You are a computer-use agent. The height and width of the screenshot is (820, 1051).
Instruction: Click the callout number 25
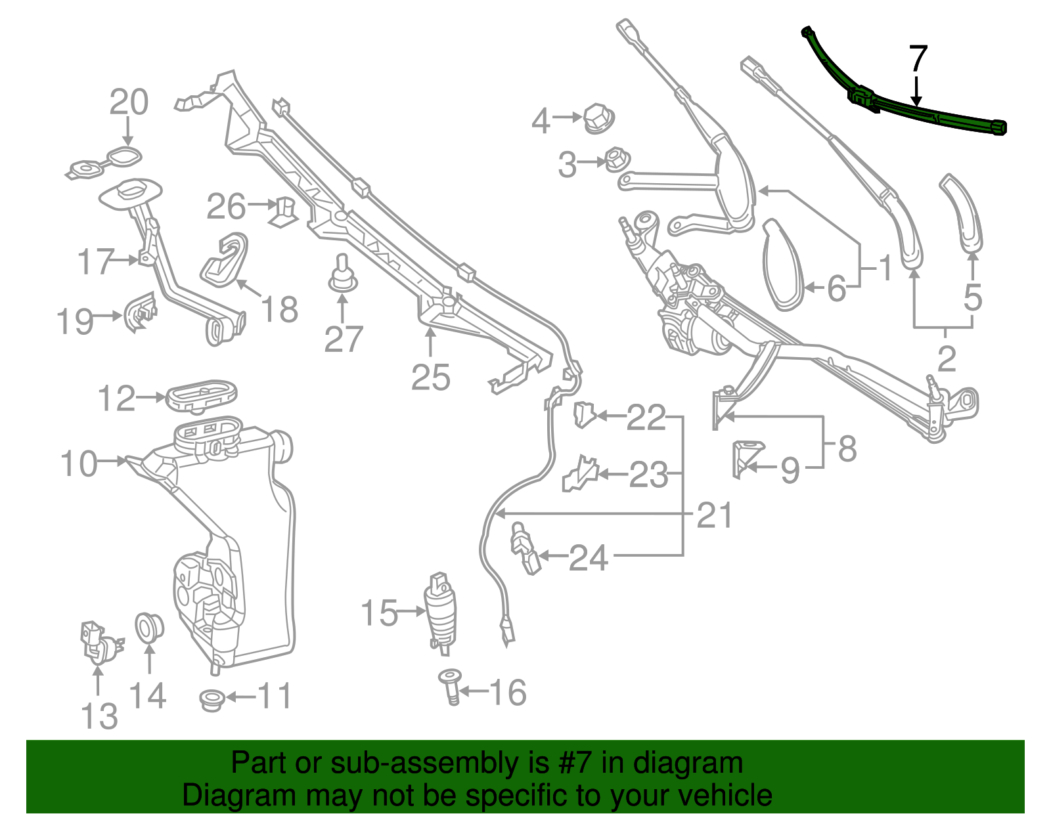pyautogui.click(x=431, y=378)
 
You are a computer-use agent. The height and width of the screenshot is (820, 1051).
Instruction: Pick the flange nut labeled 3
pyautogui.click(x=615, y=160)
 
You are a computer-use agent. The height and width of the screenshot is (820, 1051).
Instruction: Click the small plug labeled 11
pyautogui.click(x=211, y=699)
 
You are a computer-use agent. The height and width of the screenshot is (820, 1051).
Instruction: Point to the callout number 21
pyautogui.click(x=714, y=515)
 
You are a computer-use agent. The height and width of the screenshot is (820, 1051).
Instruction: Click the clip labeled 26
pyautogui.click(x=284, y=210)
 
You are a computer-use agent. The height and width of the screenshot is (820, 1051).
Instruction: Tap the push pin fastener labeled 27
pyautogui.click(x=342, y=276)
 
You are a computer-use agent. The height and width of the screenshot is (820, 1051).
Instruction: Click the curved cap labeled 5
pyautogui.click(x=963, y=213)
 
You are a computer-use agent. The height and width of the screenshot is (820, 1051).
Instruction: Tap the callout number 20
pyautogui.click(x=129, y=102)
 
